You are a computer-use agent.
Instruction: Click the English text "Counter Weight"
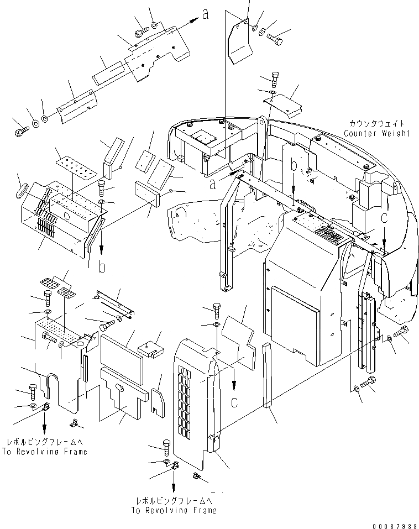pos(376,133)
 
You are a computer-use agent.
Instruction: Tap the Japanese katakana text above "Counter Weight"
pos(376,124)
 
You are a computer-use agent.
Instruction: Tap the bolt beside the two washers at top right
pos(275,38)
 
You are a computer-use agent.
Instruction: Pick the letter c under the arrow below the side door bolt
pos(234,402)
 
